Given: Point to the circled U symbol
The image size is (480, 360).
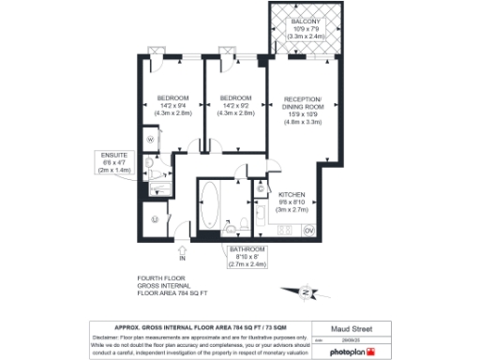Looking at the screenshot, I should (153, 220).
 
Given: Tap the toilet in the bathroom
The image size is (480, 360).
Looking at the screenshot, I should (242, 223).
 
